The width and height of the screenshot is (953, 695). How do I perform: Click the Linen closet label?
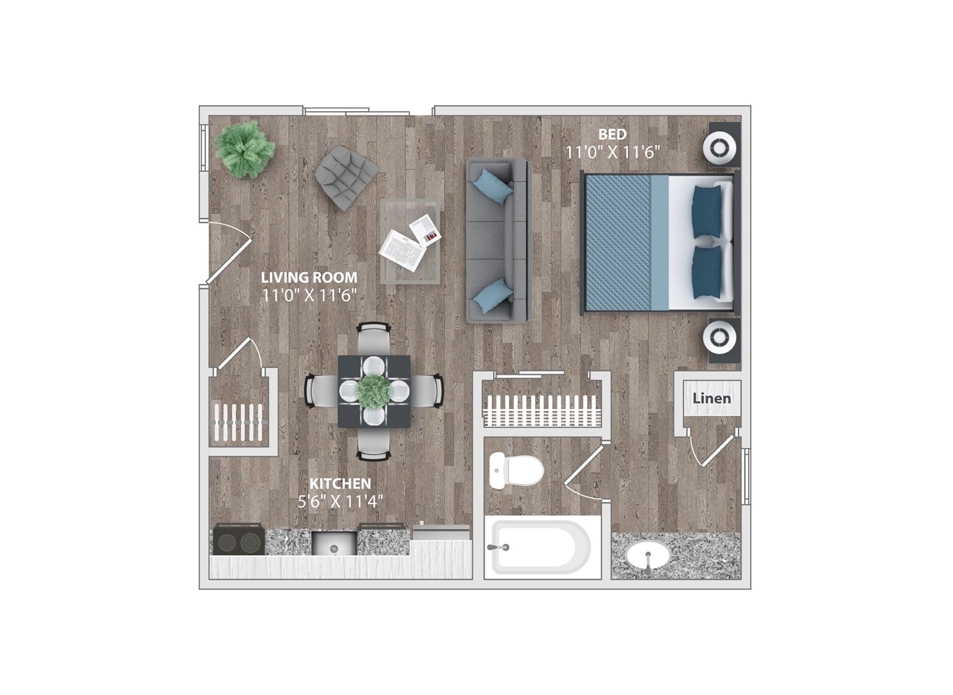coord(712,398)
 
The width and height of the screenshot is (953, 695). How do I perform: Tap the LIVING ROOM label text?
coord(309,277)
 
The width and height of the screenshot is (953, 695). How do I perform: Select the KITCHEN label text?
coord(340,484)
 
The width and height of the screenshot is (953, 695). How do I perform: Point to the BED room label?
coord(612,134)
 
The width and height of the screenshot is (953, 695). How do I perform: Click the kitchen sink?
coord(334,543)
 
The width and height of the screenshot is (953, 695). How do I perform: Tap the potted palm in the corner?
coord(244,149)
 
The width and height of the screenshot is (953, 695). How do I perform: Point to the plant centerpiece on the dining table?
coord(374,391)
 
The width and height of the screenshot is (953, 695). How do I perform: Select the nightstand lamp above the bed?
coord(720,148)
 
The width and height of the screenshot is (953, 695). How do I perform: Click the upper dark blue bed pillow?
coord(706,212)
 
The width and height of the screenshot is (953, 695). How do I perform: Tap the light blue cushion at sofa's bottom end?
coord(493,296)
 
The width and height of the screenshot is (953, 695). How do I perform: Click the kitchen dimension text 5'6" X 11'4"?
coord(340,501)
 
